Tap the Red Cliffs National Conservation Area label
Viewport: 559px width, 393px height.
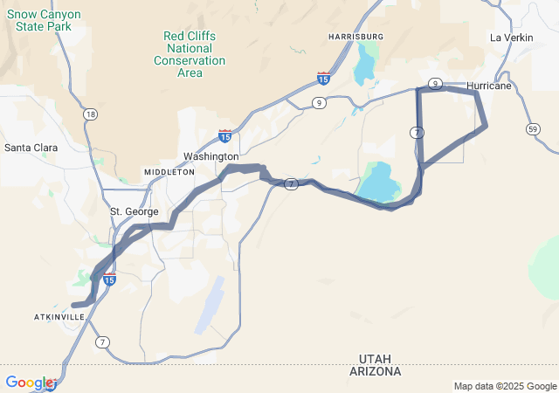click(190, 54)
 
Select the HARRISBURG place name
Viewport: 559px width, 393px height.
click(355, 36)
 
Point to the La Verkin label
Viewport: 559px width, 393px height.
click(511, 38)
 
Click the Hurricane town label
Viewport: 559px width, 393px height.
click(489, 86)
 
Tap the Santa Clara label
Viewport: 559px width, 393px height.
click(31, 148)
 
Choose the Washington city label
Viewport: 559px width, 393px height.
click(210, 156)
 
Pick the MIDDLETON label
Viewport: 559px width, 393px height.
click(169, 173)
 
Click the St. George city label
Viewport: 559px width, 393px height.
click(135, 211)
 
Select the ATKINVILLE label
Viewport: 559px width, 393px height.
click(60, 316)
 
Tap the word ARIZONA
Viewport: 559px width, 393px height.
click(380, 371)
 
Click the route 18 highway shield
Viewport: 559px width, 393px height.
click(91, 114)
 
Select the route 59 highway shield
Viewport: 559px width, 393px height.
click(533, 128)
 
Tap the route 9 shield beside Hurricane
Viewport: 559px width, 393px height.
click(434, 83)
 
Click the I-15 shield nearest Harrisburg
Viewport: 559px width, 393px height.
click(323, 79)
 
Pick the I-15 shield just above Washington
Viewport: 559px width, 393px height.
click(224, 136)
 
